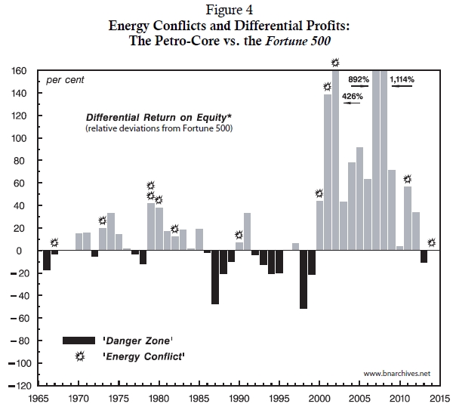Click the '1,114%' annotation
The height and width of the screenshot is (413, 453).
pos(402,79)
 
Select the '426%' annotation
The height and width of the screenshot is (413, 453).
pos(353,96)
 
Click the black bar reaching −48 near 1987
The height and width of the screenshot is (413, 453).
pos(215,277)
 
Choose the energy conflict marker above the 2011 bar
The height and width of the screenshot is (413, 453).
pos(408,179)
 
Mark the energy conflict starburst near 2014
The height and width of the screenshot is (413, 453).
pos(431,242)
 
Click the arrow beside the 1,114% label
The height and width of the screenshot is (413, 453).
pos(402,88)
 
